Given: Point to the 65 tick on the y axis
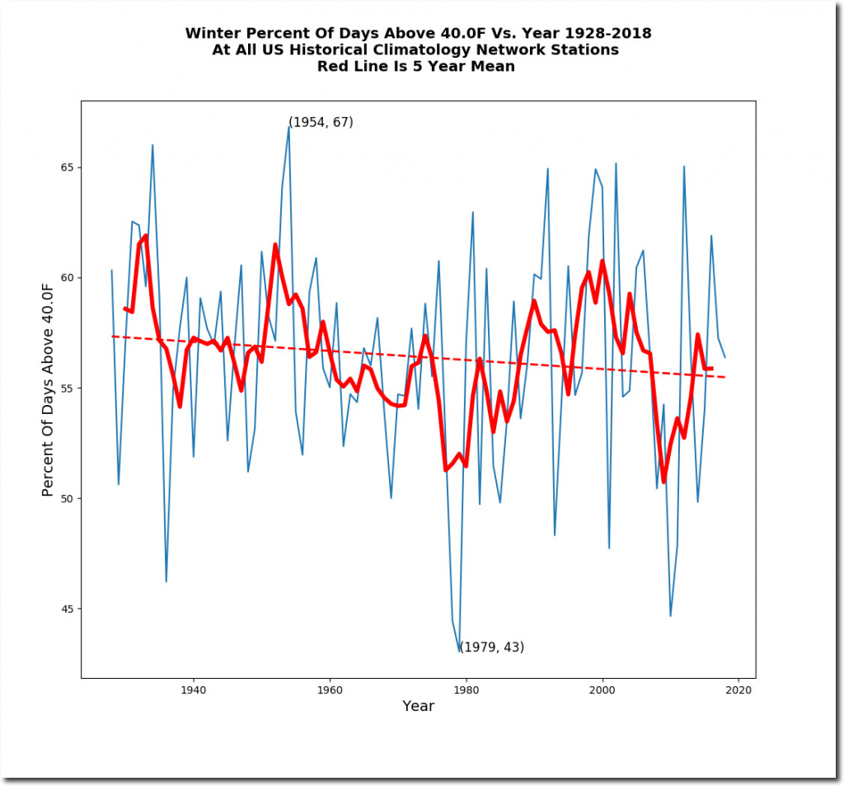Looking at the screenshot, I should tap(69, 167).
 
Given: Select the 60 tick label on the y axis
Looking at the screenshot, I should tap(69, 278).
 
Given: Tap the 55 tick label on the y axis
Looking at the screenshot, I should tap(69, 388).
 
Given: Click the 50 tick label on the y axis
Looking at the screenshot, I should tap(69, 499).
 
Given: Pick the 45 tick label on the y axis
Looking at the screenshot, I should tap(69, 610).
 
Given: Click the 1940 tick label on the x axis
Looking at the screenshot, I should tap(193, 690).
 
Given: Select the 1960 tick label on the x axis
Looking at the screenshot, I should tap(330, 690).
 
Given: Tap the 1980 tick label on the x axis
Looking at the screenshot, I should tap(467, 690).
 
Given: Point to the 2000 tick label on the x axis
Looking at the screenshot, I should tap(603, 690).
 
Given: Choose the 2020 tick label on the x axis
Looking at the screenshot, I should tap(739, 690).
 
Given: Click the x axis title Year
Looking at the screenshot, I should tap(418, 707).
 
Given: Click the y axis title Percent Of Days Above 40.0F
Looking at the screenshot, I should tap(48, 388).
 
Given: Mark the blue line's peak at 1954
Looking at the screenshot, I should tap(288, 126).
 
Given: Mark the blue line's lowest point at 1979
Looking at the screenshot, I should tap(460, 652).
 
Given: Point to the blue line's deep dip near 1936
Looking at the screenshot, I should tap(166, 581).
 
